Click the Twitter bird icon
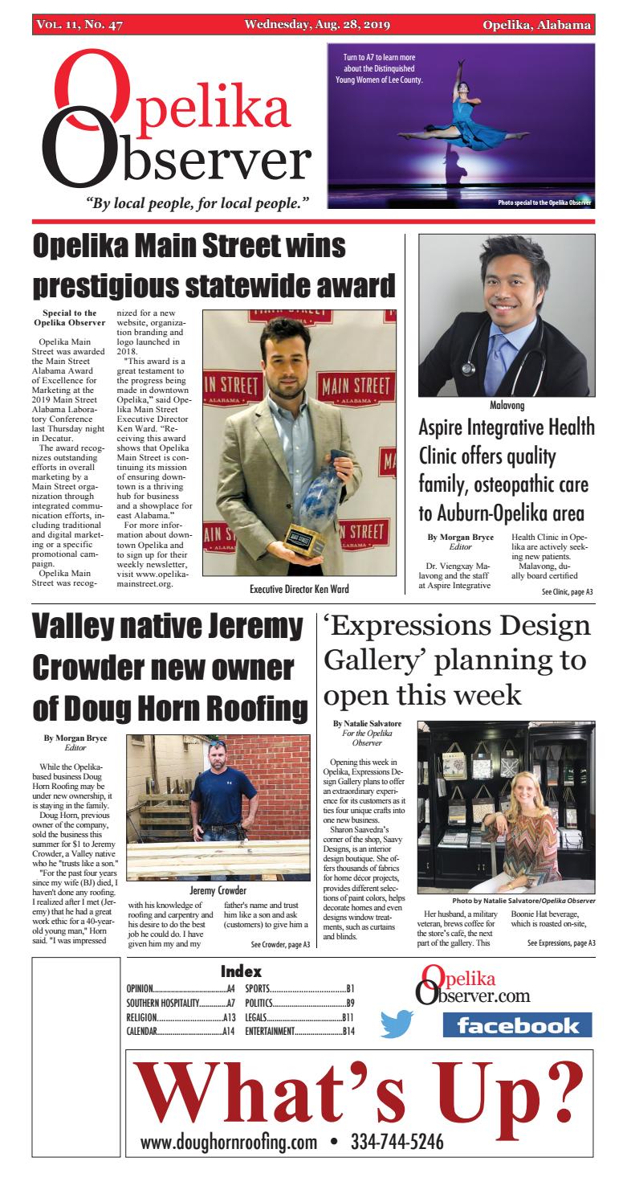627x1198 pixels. [396, 1023]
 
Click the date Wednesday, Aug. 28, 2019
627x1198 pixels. [318, 25]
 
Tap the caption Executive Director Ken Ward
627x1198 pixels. [299, 588]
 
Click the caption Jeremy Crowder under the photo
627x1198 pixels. [218, 889]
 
